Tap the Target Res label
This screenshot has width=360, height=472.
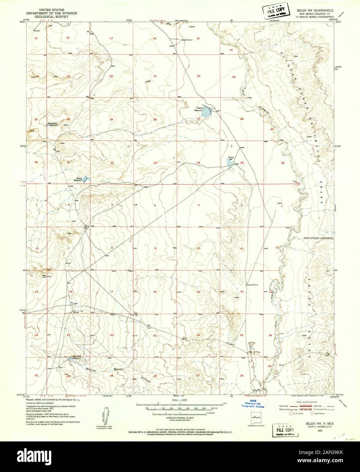click(232, 159)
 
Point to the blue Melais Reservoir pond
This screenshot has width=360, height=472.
click(85, 178)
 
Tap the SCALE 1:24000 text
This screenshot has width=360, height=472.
click(179, 401)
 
